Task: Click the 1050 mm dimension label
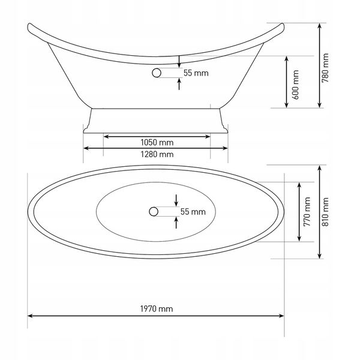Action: click(x=157, y=143)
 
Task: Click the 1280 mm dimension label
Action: click(x=157, y=154)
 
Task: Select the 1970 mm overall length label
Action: click(x=157, y=309)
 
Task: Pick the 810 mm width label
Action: click(x=326, y=212)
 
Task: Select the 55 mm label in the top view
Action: click(x=193, y=212)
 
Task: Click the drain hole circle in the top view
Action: click(x=153, y=211)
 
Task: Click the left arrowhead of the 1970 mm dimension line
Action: click(x=30, y=316)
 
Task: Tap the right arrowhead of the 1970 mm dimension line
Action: click(x=283, y=316)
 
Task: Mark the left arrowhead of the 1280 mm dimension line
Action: click(x=86, y=148)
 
